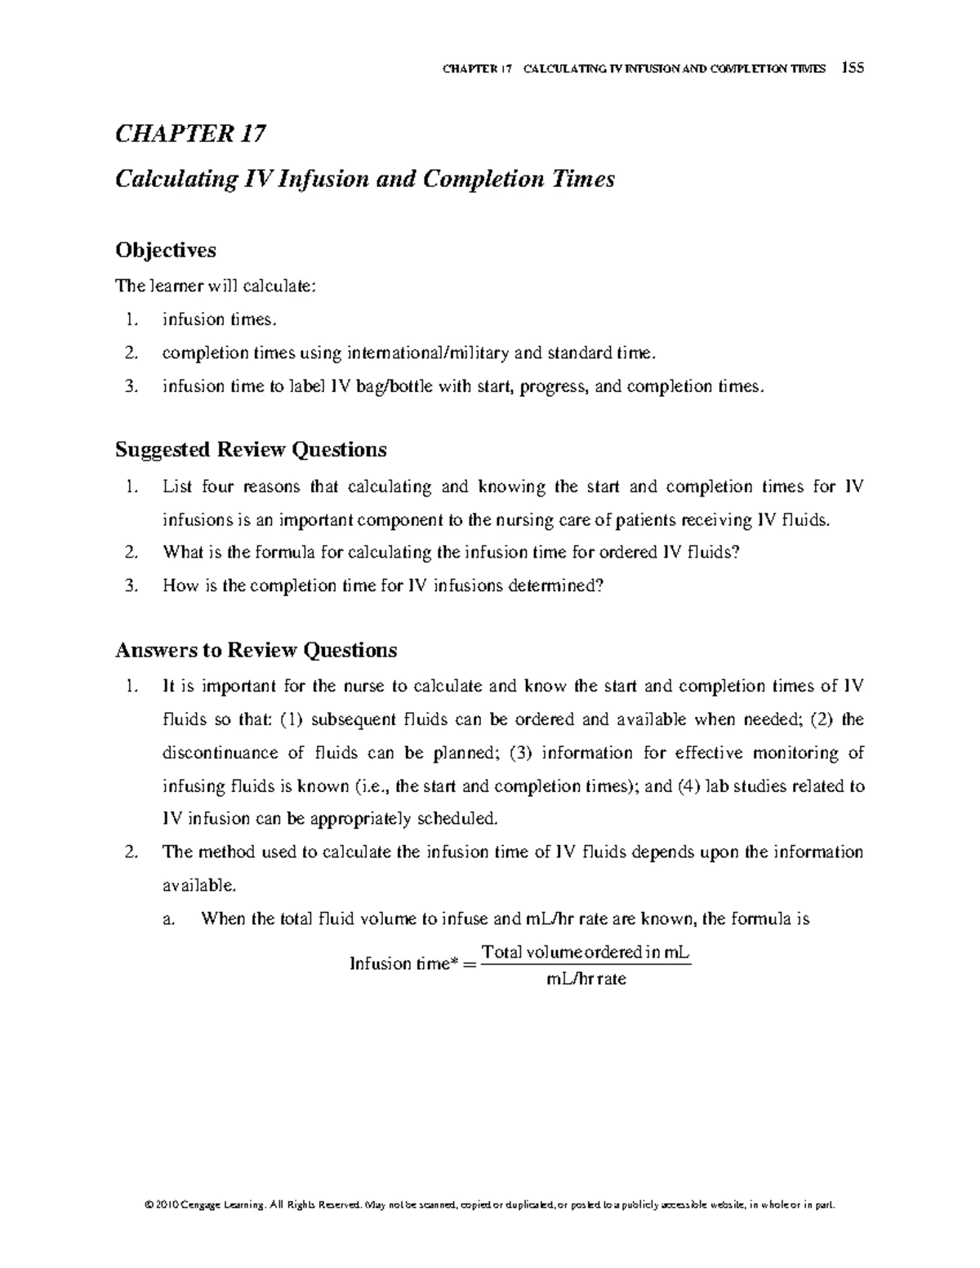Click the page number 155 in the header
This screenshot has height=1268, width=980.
tap(854, 69)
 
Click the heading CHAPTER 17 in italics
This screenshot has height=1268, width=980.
tap(190, 134)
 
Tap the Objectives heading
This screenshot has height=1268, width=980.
tap(165, 250)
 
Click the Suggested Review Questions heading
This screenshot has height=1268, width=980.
tap(251, 449)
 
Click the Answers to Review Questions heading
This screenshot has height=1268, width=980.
tap(256, 650)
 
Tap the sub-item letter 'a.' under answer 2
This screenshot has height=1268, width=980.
tap(169, 919)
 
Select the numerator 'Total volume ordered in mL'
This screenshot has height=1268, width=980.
tap(586, 952)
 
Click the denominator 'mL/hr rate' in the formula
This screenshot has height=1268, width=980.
tap(586, 979)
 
